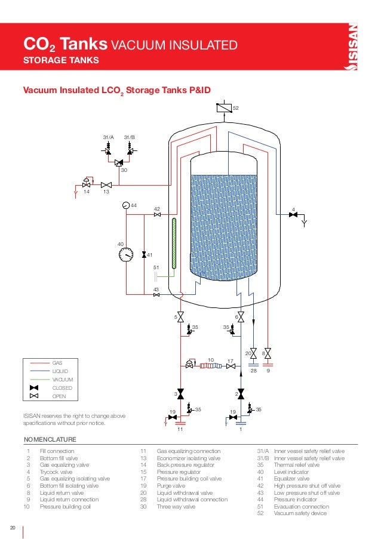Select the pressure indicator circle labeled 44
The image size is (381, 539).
125,205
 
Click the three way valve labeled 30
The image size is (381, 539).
118,161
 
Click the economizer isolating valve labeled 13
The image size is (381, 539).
106,184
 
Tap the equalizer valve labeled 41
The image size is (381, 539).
143,255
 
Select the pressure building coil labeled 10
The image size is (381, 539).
210,366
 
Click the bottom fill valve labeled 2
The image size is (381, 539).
240,395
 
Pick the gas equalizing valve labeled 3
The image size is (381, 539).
180,395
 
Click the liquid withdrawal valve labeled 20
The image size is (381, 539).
253,353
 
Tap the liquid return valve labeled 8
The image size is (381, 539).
268,353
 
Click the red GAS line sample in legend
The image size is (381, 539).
38,362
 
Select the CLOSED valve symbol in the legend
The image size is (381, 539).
34,387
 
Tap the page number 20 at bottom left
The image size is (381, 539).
12,527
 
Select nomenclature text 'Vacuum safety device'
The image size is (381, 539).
300,513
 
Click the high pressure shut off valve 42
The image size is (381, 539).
156,215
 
